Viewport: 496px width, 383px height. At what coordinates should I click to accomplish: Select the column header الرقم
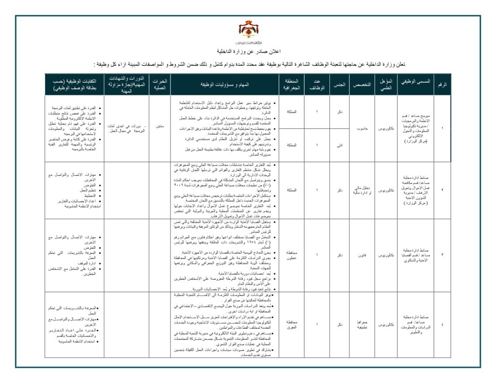442,84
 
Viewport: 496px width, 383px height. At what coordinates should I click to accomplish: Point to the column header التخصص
361,84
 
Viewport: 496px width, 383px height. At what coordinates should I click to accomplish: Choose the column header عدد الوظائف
317,84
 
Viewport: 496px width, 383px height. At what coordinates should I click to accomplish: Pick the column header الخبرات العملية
160,84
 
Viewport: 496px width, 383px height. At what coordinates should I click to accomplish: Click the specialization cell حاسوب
361,128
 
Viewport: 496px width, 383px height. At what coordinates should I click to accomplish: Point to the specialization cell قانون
361,255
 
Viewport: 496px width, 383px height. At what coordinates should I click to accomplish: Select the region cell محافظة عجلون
292,255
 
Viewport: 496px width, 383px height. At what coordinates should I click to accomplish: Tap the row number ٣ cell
442,255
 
